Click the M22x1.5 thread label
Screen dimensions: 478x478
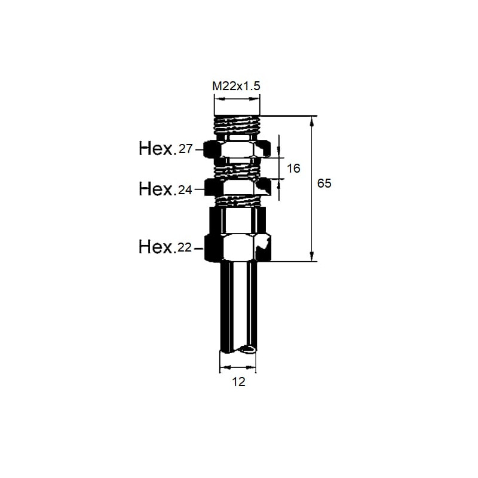tap(236, 86)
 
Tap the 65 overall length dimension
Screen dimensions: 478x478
tap(324, 183)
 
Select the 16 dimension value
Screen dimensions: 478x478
tap(293, 168)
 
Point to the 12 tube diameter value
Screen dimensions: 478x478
tap(238, 382)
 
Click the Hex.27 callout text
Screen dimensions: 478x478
tap(166, 149)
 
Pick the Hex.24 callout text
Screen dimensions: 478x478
tap(166, 189)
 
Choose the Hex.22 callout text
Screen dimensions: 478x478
tap(166, 247)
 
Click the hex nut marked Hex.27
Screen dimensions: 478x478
tap(237, 149)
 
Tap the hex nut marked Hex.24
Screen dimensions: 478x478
tap(237, 187)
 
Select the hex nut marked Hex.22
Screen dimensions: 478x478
tap(237, 247)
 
